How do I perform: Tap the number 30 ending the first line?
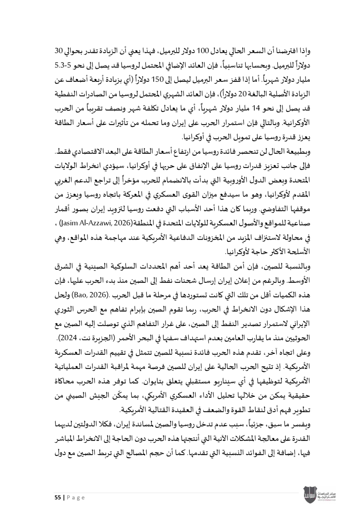[x=59, y=50]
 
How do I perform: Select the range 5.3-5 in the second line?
[x=61, y=65]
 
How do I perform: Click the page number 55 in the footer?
[x=58, y=498]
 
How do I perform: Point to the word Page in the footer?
[x=76, y=498]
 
